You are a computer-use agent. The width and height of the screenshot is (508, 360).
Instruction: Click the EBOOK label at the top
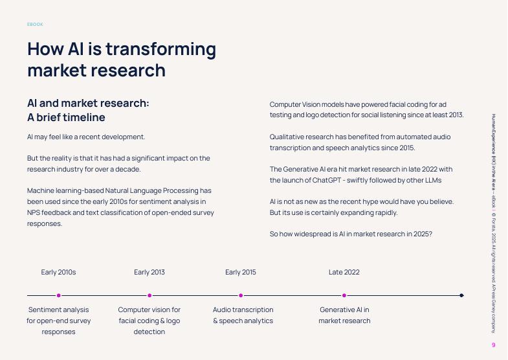[35, 25]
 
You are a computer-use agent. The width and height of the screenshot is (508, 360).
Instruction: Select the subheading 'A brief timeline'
[66, 117]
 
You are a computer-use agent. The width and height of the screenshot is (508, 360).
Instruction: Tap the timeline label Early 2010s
[58, 272]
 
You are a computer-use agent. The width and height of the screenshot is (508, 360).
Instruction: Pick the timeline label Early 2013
[149, 272]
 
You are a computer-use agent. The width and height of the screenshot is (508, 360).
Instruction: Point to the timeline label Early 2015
[241, 272]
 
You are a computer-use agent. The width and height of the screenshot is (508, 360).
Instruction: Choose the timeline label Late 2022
[344, 272]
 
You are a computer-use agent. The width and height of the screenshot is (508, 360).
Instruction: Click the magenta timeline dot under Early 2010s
[59, 295]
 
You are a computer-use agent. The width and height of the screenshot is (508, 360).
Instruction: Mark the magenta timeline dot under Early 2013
[149, 295]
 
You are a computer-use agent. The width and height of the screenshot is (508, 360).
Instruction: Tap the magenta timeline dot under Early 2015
[241, 295]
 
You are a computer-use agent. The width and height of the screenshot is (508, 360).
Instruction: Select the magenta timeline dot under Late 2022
[344, 295]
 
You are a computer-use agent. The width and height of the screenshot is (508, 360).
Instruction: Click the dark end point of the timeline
[461, 295]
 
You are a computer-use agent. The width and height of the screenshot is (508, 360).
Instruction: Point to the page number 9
[494, 345]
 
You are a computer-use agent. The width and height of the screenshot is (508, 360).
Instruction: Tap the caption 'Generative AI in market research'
[344, 315]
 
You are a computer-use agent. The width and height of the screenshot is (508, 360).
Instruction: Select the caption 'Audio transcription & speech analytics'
[243, 315]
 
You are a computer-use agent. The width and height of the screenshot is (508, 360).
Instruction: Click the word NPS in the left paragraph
[34, 212]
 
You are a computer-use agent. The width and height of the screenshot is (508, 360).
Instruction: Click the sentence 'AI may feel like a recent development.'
[86, 137]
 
